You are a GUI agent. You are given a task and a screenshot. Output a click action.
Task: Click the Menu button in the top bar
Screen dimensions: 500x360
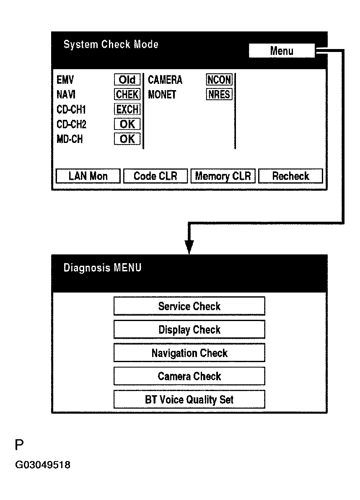point(281,51)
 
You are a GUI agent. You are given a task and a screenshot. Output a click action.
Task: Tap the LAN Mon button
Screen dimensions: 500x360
point(88,176)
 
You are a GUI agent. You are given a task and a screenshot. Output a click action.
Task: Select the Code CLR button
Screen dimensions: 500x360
point(155,176)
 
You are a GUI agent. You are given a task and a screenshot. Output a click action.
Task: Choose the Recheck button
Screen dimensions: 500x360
point(290,176)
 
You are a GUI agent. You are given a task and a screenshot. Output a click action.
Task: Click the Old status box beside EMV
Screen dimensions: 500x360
point(127,80)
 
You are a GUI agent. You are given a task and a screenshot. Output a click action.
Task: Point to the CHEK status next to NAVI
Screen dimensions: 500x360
point(127,95)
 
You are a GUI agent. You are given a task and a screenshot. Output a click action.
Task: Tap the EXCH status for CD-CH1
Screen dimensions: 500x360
point(127,109)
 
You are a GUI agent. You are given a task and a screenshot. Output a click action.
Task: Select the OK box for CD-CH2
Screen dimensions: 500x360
point(127,124)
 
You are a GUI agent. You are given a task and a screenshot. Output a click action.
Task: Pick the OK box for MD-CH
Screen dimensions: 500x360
point(127,139)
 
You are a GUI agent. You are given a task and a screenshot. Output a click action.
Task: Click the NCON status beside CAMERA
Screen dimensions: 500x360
point(219,80)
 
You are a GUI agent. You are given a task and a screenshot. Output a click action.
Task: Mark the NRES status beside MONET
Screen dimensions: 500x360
point(219,95)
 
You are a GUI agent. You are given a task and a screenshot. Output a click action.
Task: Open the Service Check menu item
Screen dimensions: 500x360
point(189,306)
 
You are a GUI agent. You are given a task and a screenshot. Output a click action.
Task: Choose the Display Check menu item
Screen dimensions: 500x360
point(189,329)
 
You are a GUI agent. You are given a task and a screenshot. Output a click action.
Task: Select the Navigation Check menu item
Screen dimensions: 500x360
point(189,353)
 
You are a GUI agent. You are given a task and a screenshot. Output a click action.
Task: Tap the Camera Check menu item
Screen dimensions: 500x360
point(189,376)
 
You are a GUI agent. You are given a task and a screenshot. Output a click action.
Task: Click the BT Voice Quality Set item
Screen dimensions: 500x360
point(189,399)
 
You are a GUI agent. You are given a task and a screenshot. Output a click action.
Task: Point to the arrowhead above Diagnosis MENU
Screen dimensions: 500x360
point(189,247)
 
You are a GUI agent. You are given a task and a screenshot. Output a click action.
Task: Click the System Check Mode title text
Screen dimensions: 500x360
point(111,44)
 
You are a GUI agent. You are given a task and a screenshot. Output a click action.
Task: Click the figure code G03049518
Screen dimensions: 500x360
point(43,465)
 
